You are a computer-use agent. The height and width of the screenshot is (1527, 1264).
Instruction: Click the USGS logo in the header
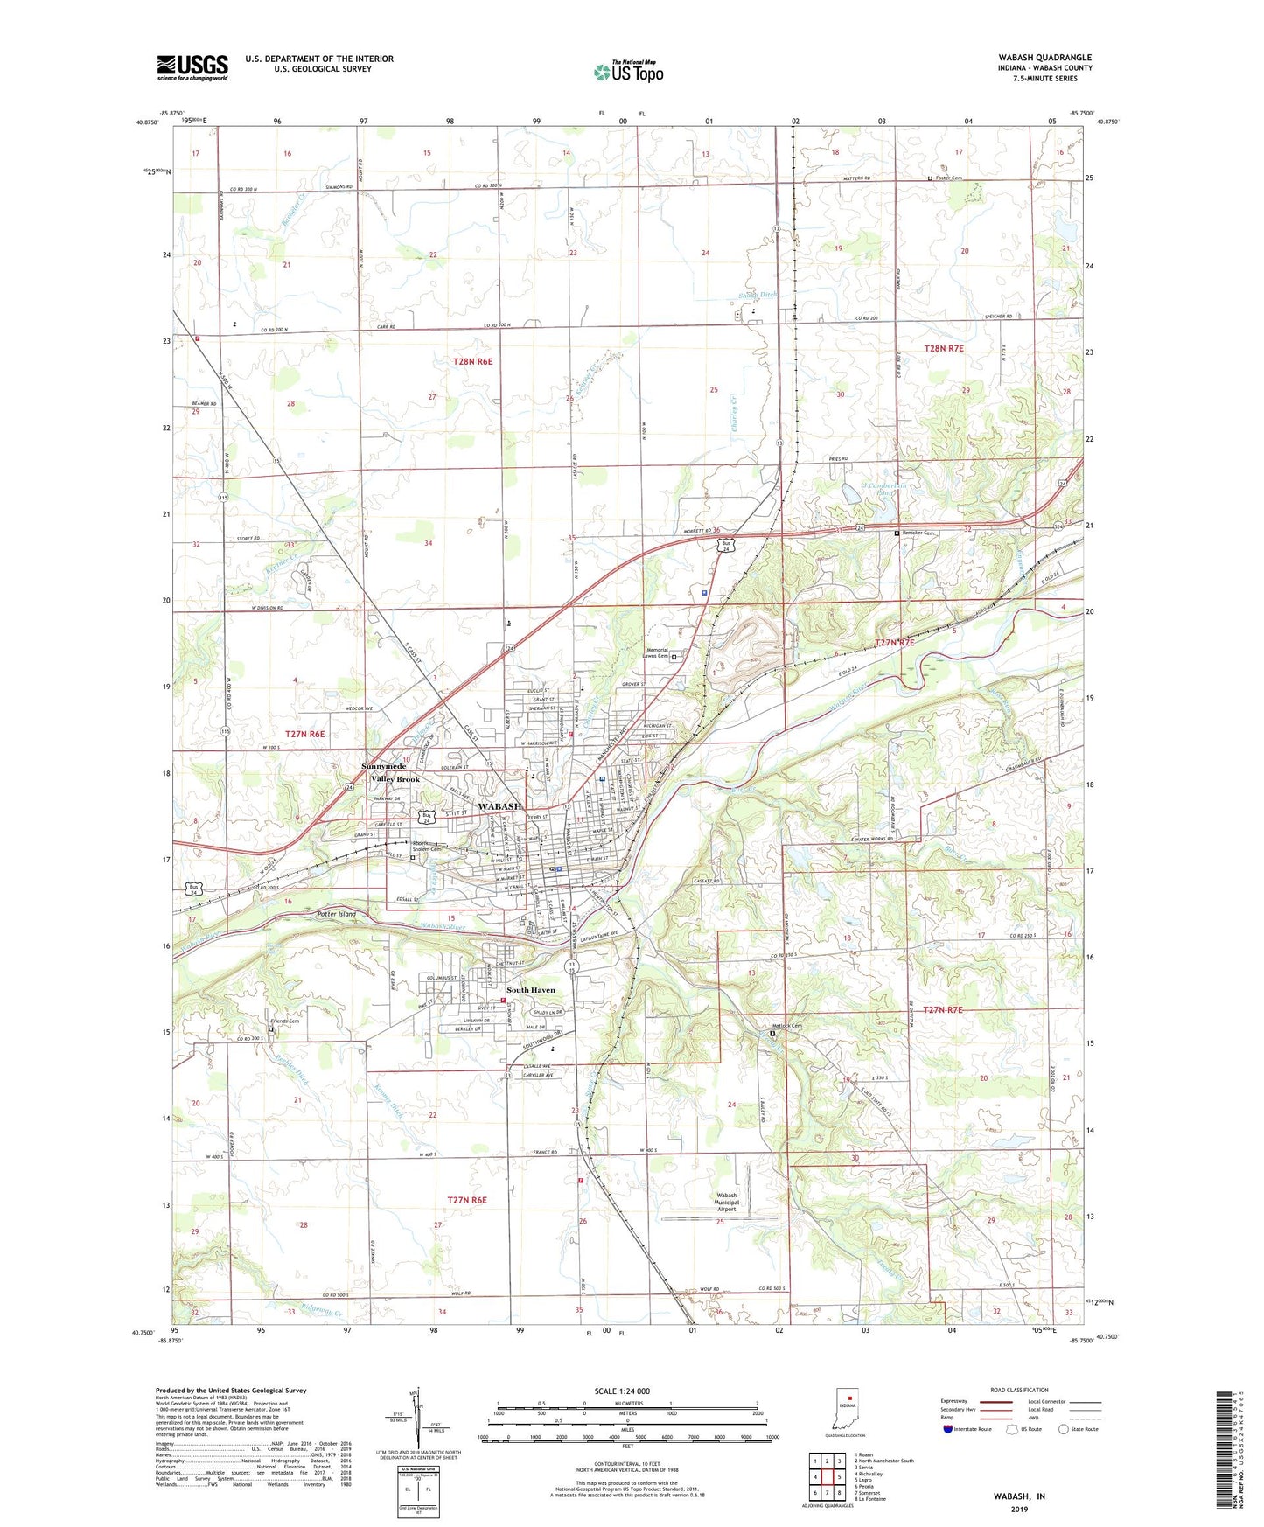[x=192, y=67]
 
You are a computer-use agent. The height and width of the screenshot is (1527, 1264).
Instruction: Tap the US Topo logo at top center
[x=628, y=72]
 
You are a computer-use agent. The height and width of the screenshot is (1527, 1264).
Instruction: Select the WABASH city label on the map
[x=500, y=805]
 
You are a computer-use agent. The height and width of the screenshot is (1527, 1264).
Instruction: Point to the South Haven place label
[x=531, y=990]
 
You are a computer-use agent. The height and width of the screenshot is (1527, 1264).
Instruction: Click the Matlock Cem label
[x=786, y=1026]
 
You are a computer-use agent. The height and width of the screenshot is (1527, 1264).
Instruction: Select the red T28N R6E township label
[x=473, y=361]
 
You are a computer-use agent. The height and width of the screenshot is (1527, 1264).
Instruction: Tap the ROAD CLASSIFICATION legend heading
[x=1019, y=1390]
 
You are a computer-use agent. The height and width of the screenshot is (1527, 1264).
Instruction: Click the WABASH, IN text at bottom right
[x=1019, y=1496]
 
